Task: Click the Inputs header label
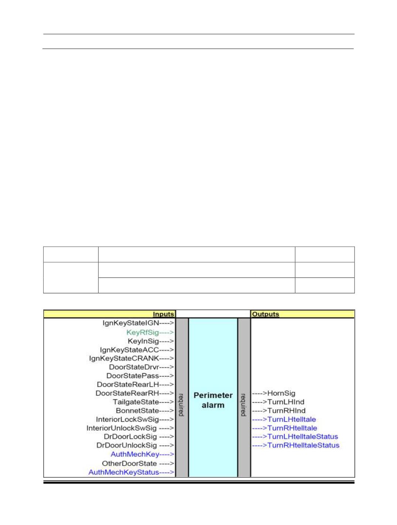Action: pos(163,314)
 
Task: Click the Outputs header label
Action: pos(266,314)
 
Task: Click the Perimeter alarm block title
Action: pos(213,400)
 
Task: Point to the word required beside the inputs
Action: pos(181,405)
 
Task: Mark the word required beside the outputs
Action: pos(243,405)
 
